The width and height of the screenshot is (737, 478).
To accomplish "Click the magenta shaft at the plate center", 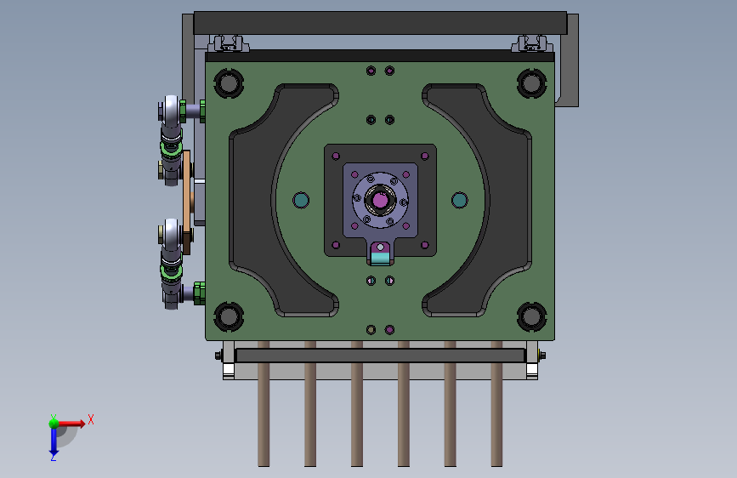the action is click(380, 200).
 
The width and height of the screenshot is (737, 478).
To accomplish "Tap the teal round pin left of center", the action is click(301, 200).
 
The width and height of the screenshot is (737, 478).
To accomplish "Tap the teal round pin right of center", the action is click(459, 200).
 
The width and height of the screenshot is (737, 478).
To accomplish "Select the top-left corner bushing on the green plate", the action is click(229, 83).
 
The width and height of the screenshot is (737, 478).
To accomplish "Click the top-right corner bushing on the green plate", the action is click(531, 83).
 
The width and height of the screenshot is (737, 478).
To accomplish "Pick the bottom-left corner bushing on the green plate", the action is click(229, 316).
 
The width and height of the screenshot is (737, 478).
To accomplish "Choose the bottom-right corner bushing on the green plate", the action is click(531, 316).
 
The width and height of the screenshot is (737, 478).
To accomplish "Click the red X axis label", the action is click(91, 419).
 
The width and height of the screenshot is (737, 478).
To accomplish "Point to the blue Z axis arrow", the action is click(54, 441).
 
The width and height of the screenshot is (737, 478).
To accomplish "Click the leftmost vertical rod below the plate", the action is click(264, 404).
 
